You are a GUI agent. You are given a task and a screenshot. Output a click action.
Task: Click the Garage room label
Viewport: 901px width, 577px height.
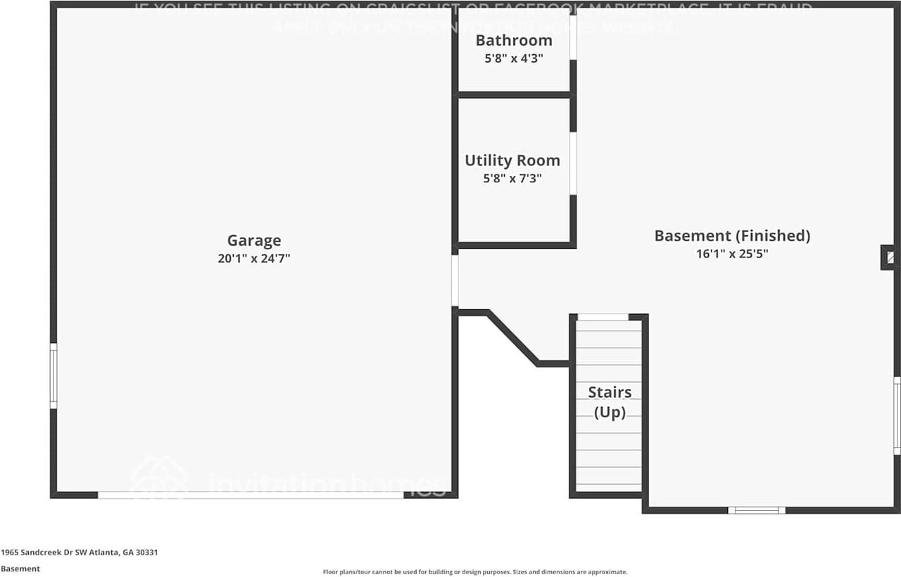[253, 241]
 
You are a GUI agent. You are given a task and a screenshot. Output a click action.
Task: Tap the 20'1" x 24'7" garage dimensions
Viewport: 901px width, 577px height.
[253, 258]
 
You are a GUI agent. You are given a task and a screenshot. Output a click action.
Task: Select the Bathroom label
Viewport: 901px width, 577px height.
[513, 40]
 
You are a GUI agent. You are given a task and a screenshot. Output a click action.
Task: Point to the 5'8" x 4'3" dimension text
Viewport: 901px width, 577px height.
[513, 58]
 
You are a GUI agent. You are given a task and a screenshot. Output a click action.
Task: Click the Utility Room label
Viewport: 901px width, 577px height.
[512, 160]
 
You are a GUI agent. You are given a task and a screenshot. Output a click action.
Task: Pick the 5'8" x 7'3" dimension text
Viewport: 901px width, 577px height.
[512, 179]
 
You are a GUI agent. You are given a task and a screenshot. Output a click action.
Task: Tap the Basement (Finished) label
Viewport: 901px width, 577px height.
[732, 236]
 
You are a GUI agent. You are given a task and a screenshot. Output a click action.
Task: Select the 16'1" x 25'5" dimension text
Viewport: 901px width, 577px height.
[732, 254]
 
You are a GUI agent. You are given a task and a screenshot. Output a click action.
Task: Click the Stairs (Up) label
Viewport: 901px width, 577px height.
[610, 402]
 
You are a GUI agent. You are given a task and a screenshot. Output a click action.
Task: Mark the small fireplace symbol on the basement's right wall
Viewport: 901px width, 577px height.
[889, 257]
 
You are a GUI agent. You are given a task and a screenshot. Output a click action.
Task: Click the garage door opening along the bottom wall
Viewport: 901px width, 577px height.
[251, 495]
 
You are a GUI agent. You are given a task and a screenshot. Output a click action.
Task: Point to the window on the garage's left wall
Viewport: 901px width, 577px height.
[53, 375]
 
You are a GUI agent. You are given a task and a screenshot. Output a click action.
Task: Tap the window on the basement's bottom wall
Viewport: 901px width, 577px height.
[756, 510]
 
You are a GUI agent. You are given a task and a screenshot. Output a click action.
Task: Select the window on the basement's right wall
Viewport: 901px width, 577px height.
[897, 415]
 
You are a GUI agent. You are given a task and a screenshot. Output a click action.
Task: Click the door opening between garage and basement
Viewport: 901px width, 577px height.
[455, 281]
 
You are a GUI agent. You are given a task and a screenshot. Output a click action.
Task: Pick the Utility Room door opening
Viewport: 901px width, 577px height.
[573, 163]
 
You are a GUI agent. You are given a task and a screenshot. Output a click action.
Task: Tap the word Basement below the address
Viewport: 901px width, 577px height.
[20, 569]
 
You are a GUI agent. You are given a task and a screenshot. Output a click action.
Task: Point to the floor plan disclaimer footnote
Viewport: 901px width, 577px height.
[474, 572]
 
